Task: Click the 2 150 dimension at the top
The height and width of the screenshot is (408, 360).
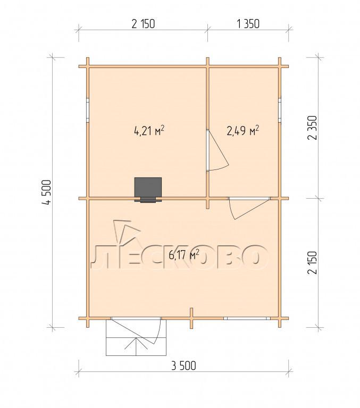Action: [x=143, y=24]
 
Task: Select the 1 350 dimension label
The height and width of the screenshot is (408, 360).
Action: [x=248, y=24]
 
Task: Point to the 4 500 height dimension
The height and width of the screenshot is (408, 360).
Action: [x=47, y=192]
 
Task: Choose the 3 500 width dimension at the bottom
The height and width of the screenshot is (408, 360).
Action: [x=183, y=366]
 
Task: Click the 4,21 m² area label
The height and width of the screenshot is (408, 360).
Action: [x=149, y=130]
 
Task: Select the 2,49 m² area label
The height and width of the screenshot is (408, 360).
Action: [x=243, y=130]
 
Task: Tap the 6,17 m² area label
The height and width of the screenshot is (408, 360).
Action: [x=184, y=254]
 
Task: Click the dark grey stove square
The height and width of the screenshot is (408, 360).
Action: [x=148, y=188]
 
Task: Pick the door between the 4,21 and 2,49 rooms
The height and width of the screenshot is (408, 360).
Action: [x=217, y=150]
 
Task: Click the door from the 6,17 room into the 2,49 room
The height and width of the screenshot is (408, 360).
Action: [x=249, y=208]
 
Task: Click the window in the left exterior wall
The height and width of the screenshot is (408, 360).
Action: [x=88, y=110]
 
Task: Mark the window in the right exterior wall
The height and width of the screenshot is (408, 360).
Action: [x=280, y=110]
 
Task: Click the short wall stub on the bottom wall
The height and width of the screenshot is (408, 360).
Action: [x=191, y=318]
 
